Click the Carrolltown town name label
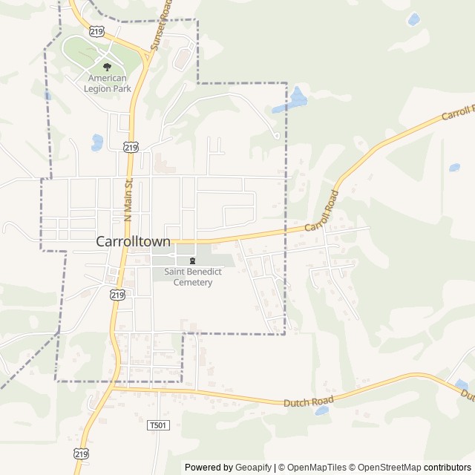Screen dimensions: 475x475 tap(134, 241)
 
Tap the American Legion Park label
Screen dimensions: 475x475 tap(108, 82)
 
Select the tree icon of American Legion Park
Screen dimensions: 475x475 tap(108, 67)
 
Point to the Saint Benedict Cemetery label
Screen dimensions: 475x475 tap(193, 277)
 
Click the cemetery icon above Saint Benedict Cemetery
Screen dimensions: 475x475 tap(193, 261)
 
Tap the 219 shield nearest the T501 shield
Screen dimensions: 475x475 tap(82, 453)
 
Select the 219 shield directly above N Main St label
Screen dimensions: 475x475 tap(131, 148)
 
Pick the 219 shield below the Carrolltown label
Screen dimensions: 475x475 tap(117, 295)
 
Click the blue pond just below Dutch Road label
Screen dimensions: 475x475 tap(321, 410)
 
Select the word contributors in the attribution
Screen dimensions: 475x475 tap(448, 468)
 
